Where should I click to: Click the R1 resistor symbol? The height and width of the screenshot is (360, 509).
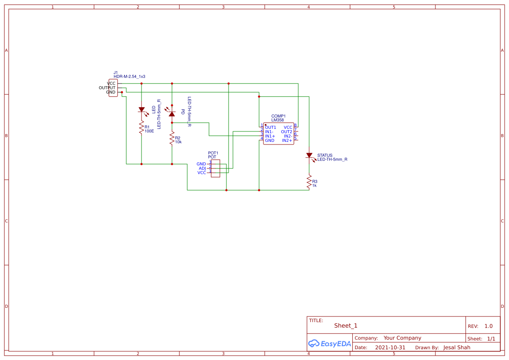pos(141,128)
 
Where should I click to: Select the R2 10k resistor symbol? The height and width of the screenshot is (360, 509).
pos(172,138)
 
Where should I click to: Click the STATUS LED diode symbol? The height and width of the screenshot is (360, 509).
pos(309,155)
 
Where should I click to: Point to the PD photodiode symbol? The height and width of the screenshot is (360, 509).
pos(172,113)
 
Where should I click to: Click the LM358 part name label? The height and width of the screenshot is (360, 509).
pos(277,120)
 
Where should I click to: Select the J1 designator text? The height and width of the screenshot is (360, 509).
pos(116,73)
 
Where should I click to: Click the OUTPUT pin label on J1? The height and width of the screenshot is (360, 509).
pos(107,87)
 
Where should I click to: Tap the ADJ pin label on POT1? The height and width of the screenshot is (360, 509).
pos(202,168)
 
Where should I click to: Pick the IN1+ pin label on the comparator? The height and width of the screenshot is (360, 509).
pos(270,136)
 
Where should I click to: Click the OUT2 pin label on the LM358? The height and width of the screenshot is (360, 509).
pos(287,131)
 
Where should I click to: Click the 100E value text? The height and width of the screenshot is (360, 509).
pos(149,131)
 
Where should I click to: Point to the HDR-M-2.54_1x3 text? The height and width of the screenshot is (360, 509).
pos(129,77)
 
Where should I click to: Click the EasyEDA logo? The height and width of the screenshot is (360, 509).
pos(329,343)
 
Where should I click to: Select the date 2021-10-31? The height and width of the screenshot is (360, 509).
pos(390,347)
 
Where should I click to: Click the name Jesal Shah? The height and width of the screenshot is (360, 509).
pos(457,347)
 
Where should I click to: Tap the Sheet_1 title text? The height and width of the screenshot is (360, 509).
pos(346,326)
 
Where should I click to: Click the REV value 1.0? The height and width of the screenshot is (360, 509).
pos(489,326)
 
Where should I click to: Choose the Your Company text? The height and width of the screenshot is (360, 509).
pos(402,338)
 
